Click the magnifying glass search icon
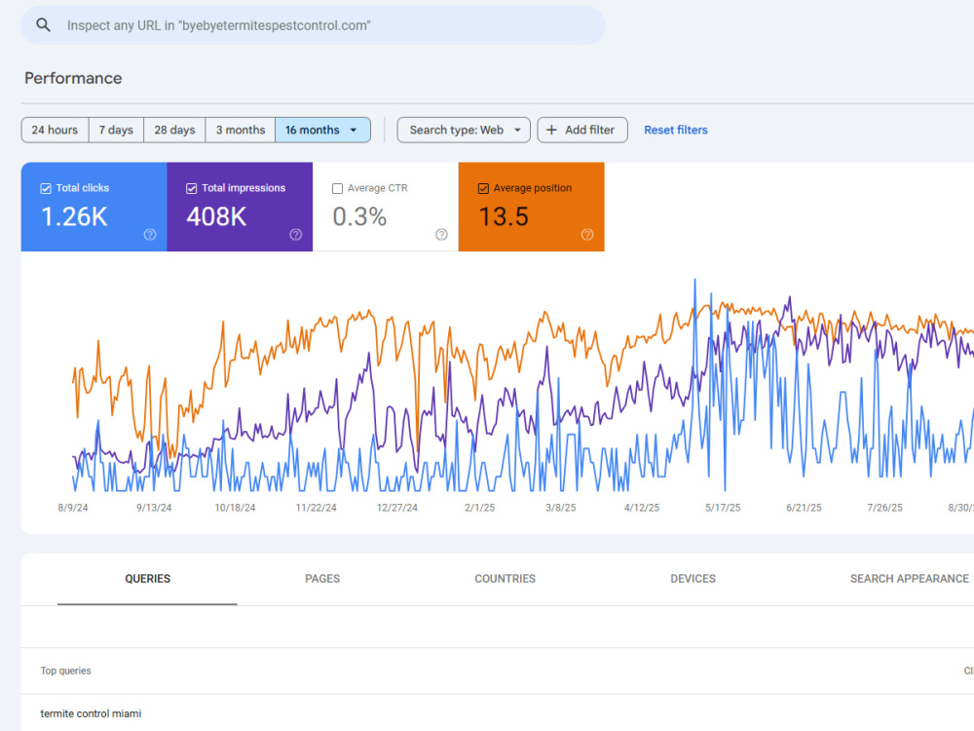pos(43,25)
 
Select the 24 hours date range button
pos(55,130)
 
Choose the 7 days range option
pos(116,130)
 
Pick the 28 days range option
pos(174,130)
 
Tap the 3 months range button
pos(241,130)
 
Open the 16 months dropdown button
pos(322,130)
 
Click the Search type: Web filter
pos(464,130)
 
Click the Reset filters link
pos(676,130)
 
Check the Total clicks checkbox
pos(46,188)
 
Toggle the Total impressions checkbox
pos(191,188)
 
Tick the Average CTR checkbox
pos(337,188)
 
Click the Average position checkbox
pos(483,188)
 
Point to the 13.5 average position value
pos(504,217)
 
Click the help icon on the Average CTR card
pos(441,234)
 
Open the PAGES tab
pos(322,579)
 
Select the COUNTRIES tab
pos(505,579)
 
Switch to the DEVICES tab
pos(693,579)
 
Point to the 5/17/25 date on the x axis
pos(723,508)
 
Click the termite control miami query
pos(91,713)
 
